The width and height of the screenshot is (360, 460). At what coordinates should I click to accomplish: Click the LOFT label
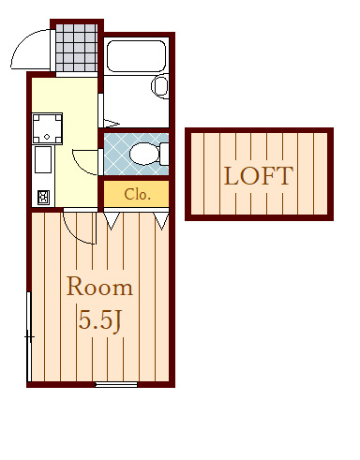(x=259, y=176)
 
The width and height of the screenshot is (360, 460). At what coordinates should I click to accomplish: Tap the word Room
(x=99, y=287)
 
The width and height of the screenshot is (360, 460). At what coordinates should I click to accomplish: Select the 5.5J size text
(x=99, y=320)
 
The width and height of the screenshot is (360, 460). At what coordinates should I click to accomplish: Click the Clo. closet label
(x=138, y=194)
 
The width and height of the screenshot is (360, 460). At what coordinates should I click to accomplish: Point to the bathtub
(x=136, y=56)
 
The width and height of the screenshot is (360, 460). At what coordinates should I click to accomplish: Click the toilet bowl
(x=144, y=154)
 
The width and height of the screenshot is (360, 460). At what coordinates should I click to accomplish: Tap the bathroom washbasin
(x=160, y=86)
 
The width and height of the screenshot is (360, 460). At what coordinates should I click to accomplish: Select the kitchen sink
(x=43, y=159)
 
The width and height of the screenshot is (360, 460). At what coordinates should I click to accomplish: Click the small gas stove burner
(x=43, y=198)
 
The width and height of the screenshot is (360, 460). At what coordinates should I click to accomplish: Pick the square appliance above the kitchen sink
(x=47, y=128)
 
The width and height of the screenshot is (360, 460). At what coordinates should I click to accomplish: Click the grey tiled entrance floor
(x=76, y=48)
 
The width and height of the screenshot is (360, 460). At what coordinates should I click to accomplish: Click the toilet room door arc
(x=82, y=165)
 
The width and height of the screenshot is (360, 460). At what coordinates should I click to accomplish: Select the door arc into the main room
(x=75, y=232)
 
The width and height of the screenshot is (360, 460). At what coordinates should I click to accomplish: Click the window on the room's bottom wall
(x=116, y=384)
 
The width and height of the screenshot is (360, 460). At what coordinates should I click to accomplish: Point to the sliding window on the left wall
(x=29, y=336)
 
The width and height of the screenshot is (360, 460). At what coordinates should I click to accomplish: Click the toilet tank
(x=164, y=154)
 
